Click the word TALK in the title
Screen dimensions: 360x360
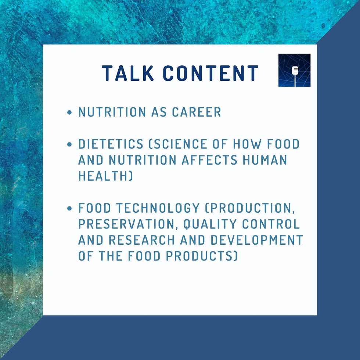point(127,73)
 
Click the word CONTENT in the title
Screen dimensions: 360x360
point(211,73)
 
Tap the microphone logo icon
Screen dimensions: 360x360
point(294,70)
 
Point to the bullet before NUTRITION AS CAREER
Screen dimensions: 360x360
point(69,113)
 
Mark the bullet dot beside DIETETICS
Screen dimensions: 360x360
point(69,145)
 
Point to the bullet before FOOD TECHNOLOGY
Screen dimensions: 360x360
point(69,209)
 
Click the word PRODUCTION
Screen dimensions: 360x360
point(250,208)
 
